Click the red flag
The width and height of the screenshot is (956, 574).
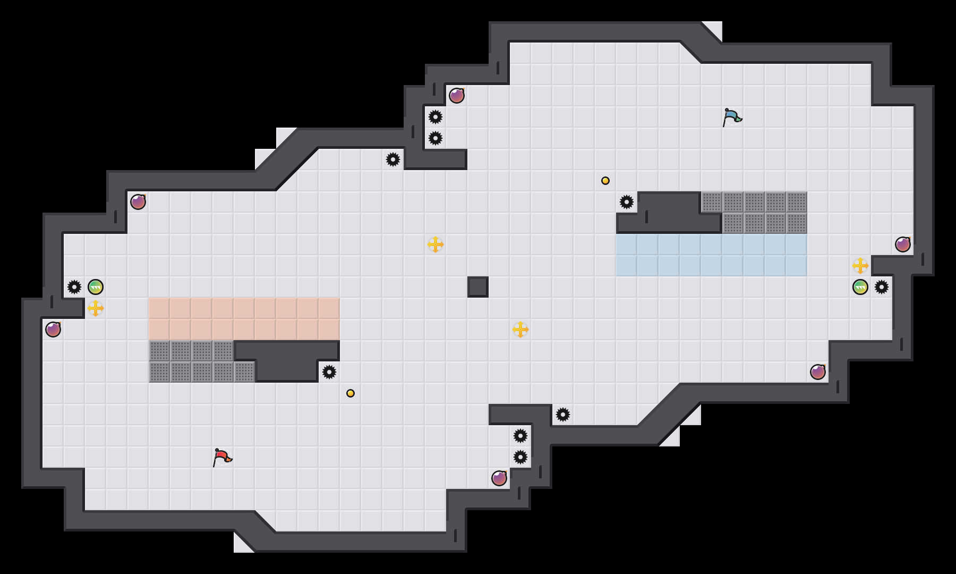pos(222,457)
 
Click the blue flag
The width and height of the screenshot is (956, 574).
pos(732,117)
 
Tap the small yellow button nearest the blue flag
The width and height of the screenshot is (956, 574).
pos(605,181)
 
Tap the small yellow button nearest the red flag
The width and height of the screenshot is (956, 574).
pos(351,393)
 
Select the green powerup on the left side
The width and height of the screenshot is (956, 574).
pos(96,287)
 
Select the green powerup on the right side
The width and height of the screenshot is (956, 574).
pos(860,287)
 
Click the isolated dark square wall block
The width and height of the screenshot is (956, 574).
pos(478,287)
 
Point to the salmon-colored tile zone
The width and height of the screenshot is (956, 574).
pos(244,319)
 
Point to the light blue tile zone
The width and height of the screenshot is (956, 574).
pos(712,255)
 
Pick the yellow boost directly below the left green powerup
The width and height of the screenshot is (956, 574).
pos(96,308)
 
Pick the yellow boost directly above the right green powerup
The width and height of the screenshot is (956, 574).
pos(860,266)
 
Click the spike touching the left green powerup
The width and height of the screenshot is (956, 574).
pos(74,287)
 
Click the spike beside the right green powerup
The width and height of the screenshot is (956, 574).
pos(882,287)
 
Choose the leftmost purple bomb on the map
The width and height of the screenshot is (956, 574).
pos(53,330)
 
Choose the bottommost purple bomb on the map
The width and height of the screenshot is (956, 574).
pos(499,478)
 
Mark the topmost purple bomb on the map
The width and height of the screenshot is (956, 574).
pos(457,96)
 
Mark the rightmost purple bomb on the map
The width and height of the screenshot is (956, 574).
pos(903,244)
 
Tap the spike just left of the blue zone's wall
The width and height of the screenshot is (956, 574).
pos(627,202)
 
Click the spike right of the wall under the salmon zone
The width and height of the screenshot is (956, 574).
pos(329,372)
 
